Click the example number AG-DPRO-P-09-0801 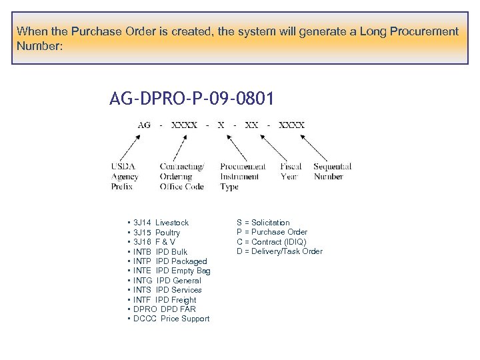click(191, 100)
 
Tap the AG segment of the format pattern click(144, 125)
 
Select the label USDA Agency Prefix click(125, 177)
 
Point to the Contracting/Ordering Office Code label click(181, 177)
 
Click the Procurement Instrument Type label click(242, 177)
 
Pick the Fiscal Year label click(291, 171)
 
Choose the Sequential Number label click(332, 171)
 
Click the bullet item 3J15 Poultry click(157, 233)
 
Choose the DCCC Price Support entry click(171, 319)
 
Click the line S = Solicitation click(263, 223)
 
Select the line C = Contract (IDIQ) click(271, 242)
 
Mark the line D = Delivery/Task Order click(279, 251)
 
